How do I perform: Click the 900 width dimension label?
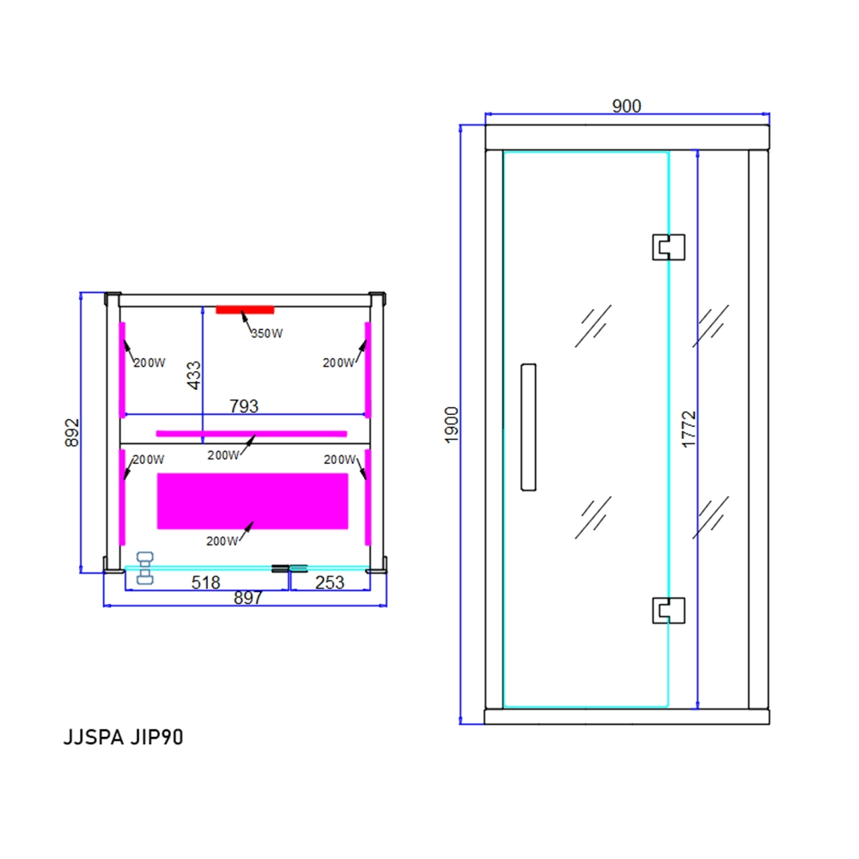tap(626, 106)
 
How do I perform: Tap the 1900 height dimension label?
tap(452, 424)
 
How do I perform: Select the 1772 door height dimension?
tap(689, 429)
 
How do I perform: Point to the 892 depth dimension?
tap(72, 432)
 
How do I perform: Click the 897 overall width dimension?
tap(247, 598)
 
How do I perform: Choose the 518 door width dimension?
tap(205, 582)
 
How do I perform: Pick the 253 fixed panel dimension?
tap(329, 582)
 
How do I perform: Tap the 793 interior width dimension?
tap(244, 406)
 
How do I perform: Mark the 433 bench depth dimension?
tap(194, 375)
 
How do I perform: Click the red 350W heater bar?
tap(245, 310)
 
